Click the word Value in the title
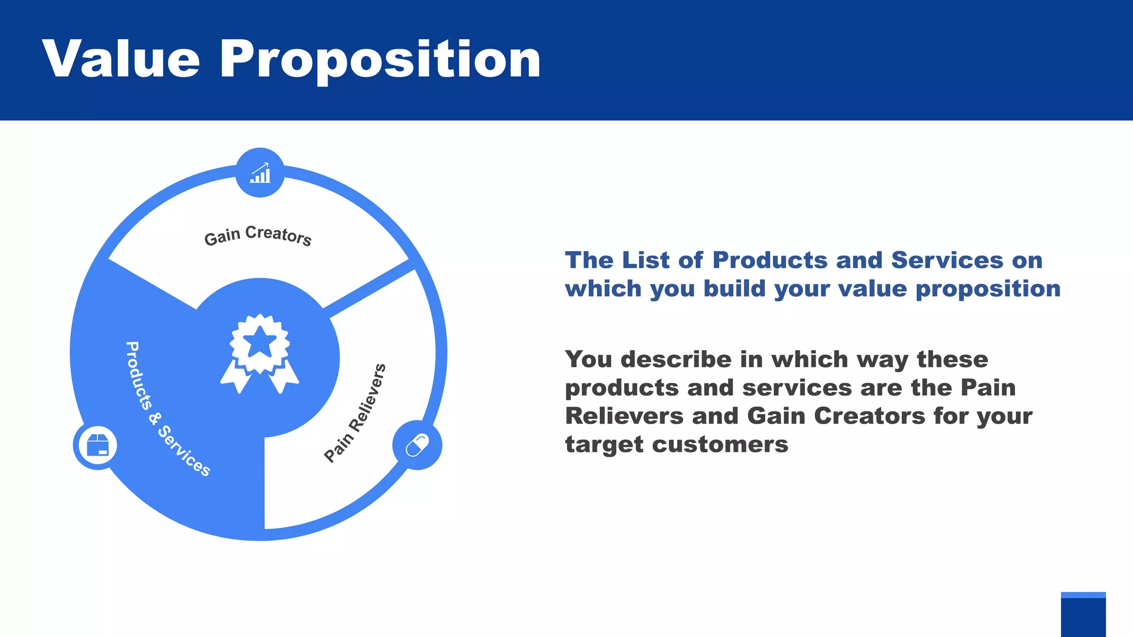[x=121, y=59]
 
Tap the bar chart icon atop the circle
[x=260, y=173]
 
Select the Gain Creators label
[x=258, y=236]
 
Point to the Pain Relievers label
[x=355, y=413]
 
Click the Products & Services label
[x=167, y=409]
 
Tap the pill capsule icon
[x=417, y=445]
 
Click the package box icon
[x=98, y=445]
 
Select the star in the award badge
[x=259, y=343]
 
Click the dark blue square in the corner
[x=1083, y=617]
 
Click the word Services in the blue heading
[x=947, y=260]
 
